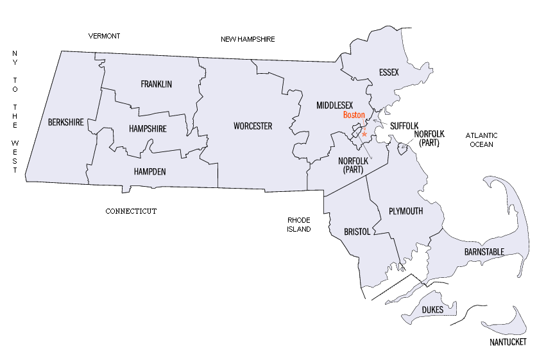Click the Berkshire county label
tap(66, 122)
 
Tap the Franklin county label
tap(156, 84)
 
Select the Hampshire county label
tap(148, 129)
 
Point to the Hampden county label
tap(150, 171)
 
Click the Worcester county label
tap(253, 126)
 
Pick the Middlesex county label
tap(334, 105)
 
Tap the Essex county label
tap(389, 73)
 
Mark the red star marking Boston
tap(364, 134)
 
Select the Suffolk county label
tap(404, 126)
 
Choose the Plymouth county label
tap(406, 211)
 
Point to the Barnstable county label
tap(484, 252)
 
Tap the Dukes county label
tap(432, 310)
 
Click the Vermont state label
tap(104, 36)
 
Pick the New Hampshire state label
tap(248, 39)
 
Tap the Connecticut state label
tap(131, 211)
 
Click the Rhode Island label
tap(299, 224)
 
